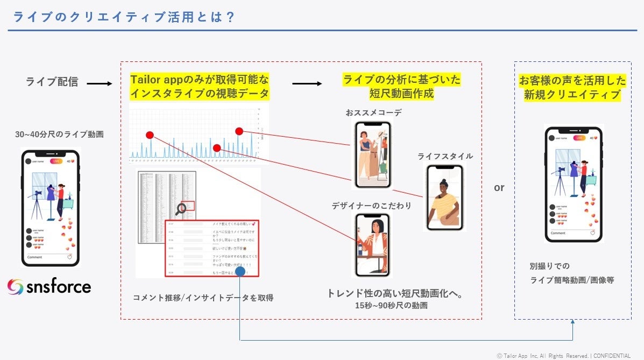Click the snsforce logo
[x=49, y=286]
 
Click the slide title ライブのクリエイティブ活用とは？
[x=124, y=17]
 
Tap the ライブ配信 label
[x=52, y=82]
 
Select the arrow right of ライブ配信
[x=99, y=84]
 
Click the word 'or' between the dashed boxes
[x=499, y=188]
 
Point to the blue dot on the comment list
[x=240, y=272]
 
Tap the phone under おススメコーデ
[x=372, y=154]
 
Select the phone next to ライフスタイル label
[x=445, y=197]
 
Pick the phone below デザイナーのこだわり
[x=372, y=244]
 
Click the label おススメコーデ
[x=373, y=113]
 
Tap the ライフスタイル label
[x=445, y=157]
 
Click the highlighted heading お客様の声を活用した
[x=572, y=81]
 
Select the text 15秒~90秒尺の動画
[x=391, y=306]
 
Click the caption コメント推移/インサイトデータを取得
[x=203, y=298]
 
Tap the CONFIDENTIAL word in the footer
[x=612, y=356]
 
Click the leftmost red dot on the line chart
[x=150, y=135]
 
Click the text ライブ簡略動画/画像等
[x=572, y=280]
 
